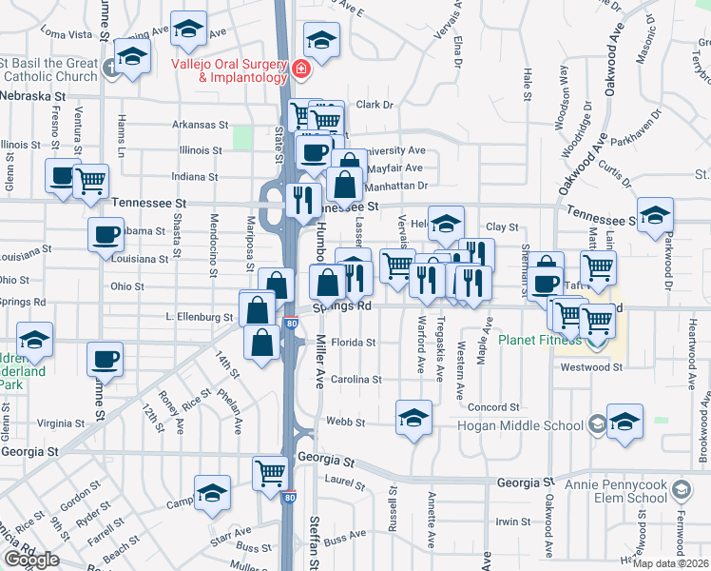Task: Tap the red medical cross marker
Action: pyautogui.click(x=301, y=69)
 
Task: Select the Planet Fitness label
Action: pyautogui.click(x=539, y=340)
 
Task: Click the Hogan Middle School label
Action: pyautogui.click(x=521, y=425)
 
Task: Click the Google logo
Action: pyautogui.click(x=31, y=560)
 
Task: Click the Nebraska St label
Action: pyautogui.click(x=33, y=97)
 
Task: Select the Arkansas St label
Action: pyautogui.click(x=201, y=125)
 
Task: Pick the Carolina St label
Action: pyautogui.click(x=355, y=379)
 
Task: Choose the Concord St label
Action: pyautogui.click(x=492, y=407)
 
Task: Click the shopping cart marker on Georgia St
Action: pyautogui.click(x=271, y=471)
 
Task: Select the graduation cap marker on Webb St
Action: pyautogui.click(x=413, y=418)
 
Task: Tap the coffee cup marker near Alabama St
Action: pyautogui.click(x=106, y=234)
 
